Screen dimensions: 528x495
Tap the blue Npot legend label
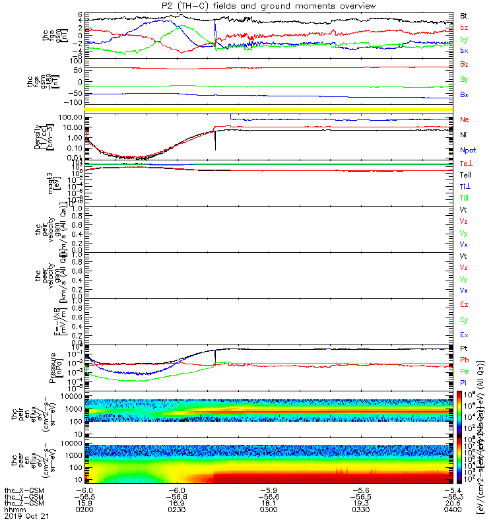[467, 150]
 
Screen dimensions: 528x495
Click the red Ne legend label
[465, 119]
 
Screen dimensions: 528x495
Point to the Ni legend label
[464, 135]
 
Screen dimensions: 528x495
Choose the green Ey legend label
[465, 320]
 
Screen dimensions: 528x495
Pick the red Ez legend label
[465, 305]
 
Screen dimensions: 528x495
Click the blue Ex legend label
[465, 335]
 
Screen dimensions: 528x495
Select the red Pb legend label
[465, 360]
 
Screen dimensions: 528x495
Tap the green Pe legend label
[465, 372]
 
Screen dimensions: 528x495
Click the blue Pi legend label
[464, 383]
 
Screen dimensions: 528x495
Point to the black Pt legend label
[465, 348]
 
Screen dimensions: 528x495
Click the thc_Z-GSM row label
[23, 504]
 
